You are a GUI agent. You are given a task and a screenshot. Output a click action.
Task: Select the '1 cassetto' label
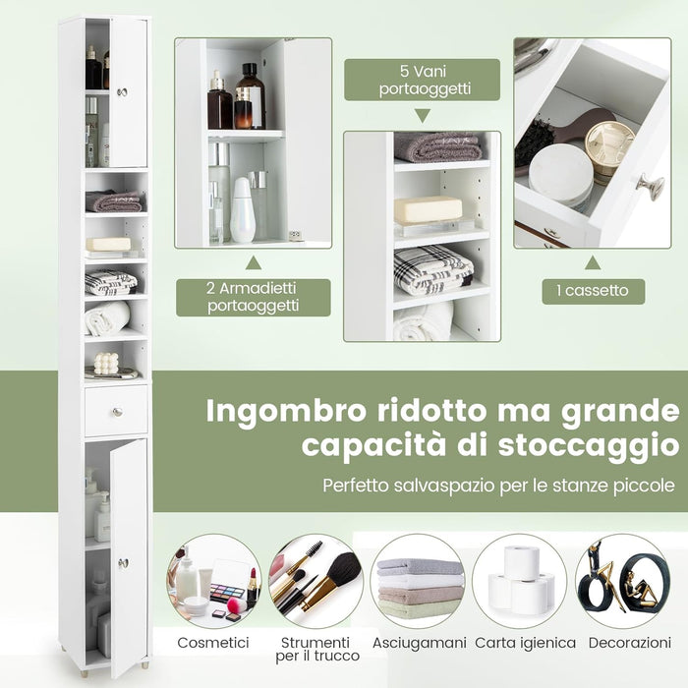tap(594, 291)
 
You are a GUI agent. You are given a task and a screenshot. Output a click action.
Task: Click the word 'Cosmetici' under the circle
tap(214, 643)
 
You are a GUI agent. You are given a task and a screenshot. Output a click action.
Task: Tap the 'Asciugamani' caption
tap(418, 643)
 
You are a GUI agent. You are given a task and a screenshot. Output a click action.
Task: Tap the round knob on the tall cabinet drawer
tap(116, 411)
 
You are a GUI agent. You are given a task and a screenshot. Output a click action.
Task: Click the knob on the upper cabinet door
tap(122, 91)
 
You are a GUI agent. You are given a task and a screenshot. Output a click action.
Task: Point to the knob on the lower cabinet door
tap(124, 562)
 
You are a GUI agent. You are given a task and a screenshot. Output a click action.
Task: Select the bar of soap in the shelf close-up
tap(428, 209)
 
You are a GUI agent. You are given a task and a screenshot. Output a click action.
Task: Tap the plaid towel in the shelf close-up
tap(432, 269)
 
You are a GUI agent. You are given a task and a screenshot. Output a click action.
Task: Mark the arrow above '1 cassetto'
tap(593, 262)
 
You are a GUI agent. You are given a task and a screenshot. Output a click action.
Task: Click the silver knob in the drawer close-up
tap(649, 184)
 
